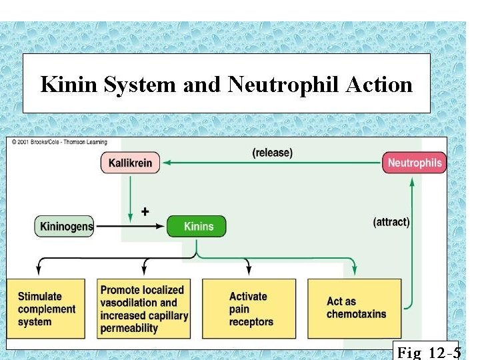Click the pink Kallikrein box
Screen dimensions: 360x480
[x=131, y=163]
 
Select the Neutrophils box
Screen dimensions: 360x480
[x=414, y=163]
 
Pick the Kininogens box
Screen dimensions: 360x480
[x=64, y=226]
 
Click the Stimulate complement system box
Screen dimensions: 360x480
[x=46, y=309]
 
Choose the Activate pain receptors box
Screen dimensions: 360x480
[x=249, y=309]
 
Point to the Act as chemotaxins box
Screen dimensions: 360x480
[x=355, y=309]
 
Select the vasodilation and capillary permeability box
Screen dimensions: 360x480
[x=144, y=309]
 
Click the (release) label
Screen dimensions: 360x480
[x=272, y=153]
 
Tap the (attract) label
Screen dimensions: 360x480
[x=391, y=222]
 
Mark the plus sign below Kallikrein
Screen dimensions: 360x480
[x=145, y=211]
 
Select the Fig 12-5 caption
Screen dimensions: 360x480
[x=427, y=351]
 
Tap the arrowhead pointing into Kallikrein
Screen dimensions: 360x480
[x=167, y=162]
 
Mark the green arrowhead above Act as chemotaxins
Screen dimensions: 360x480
[x=355, y=271]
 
